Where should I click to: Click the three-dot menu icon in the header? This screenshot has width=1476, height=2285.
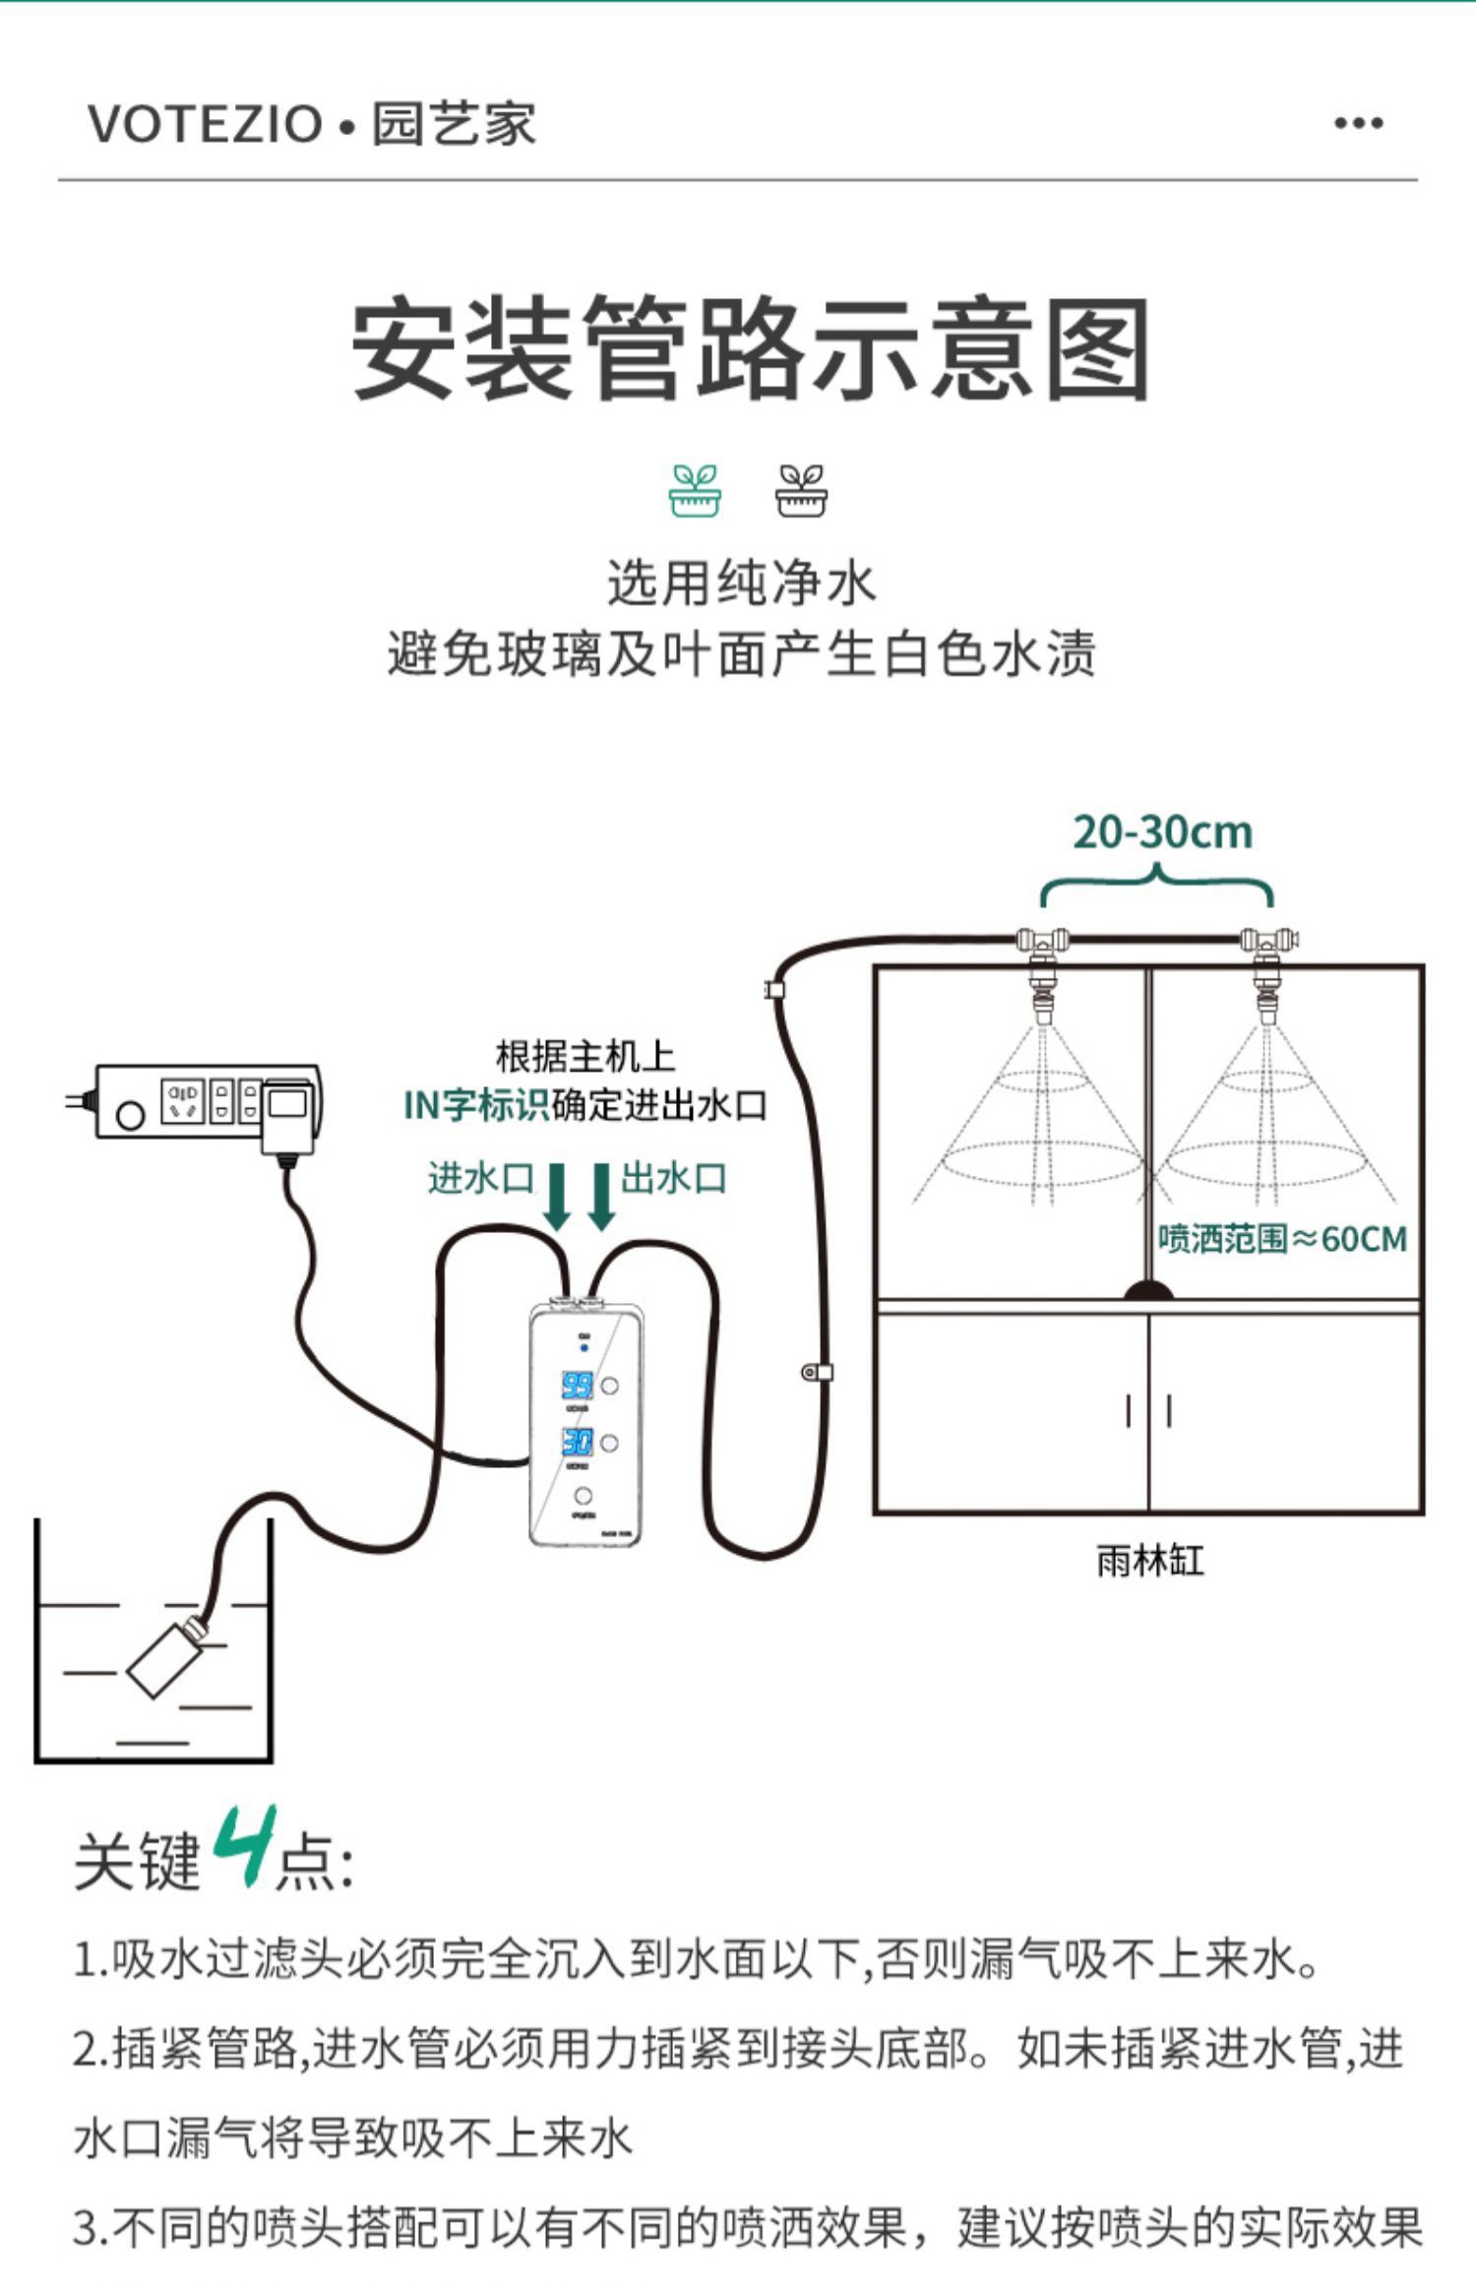tap(1358, 123)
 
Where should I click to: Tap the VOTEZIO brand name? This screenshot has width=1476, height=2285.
tap(205, 125)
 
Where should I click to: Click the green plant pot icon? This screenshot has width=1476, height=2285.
tap(695, 490)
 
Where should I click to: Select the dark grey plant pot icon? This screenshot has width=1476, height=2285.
tap(801, 490)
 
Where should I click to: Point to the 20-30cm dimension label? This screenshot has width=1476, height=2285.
tap(1162, 833)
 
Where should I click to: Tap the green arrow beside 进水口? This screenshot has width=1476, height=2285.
tap(557, 1196)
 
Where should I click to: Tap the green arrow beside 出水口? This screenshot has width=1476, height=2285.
tap(601, 1196)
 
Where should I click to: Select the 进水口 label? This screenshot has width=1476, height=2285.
tap(480, 1178)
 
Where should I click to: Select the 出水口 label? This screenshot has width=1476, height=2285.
tap(674, 1178)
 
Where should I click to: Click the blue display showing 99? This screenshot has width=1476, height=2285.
tap(577, 1386)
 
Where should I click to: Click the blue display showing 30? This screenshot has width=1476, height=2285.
tap(577, 1443)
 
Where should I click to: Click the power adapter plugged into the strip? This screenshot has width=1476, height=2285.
tap(287, 1116)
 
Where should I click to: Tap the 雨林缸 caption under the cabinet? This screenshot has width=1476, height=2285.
tap(1149, 1561)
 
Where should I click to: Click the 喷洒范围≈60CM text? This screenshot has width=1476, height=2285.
tap(1281, 1239)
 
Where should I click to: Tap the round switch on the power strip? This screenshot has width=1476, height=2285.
tap(130, 1115)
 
